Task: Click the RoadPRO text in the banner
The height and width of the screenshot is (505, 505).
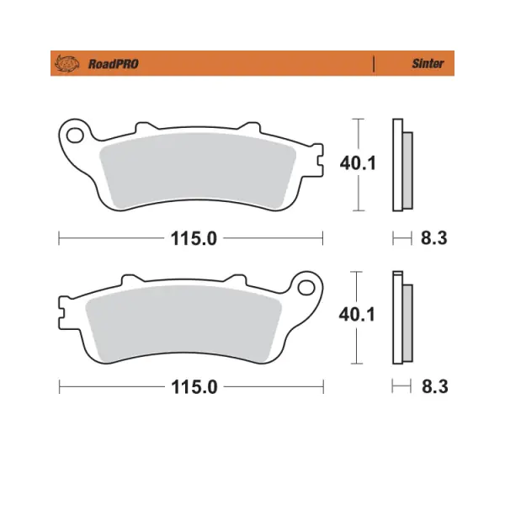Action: click(114, 64)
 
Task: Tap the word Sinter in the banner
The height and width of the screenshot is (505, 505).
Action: click(428, 63)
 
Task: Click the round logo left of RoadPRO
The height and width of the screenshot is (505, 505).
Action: click(67, 63)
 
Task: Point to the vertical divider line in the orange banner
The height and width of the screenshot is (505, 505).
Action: click(374, 63)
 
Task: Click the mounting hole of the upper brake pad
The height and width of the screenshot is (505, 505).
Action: click(75, 135)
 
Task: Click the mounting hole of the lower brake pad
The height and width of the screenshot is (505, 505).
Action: click(306, 288)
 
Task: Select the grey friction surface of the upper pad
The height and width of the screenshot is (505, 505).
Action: click(198, 170)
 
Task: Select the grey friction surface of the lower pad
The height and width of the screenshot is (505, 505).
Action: click(183, 323)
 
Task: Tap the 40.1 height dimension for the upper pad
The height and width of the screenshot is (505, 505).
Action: click(358, 163)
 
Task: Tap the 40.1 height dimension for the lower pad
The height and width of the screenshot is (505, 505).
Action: click(357, 314)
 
